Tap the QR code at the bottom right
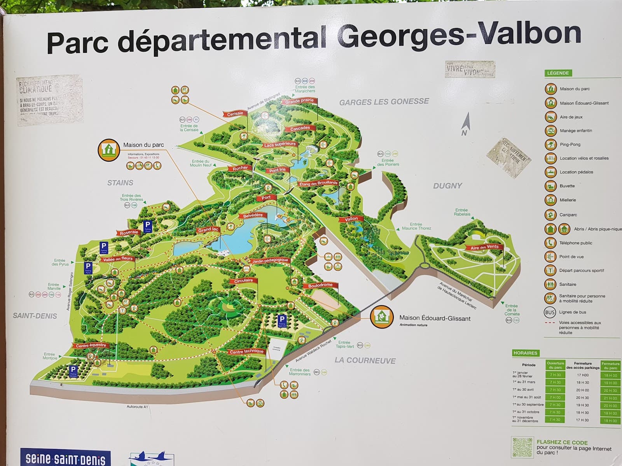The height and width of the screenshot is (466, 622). click(522, 447)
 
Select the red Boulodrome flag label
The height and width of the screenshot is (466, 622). click(320, 285)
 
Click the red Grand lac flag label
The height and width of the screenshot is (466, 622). click(208, 230)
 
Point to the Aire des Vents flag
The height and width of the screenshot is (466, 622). click(484, 247)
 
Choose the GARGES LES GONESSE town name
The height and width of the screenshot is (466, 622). click(384, 102)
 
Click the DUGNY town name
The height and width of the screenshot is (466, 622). click(447, 186)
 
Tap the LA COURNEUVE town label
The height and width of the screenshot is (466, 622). click(365, 360)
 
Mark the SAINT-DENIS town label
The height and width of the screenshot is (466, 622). click(35, 316)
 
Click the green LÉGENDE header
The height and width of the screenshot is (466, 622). click(558, 73)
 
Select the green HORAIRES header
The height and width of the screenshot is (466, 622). click(525, 353)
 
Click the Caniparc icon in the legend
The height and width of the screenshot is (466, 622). click(550, 214)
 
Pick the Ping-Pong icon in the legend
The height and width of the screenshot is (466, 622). click(550, 144)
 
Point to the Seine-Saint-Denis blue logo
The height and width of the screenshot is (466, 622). click(65, 459)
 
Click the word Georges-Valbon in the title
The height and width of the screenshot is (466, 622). click(459, 35)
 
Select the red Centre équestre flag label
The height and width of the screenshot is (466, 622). click(91, 345)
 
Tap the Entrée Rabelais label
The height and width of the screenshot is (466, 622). click(462, 212)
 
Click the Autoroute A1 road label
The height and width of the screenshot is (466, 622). click(138, 407)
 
